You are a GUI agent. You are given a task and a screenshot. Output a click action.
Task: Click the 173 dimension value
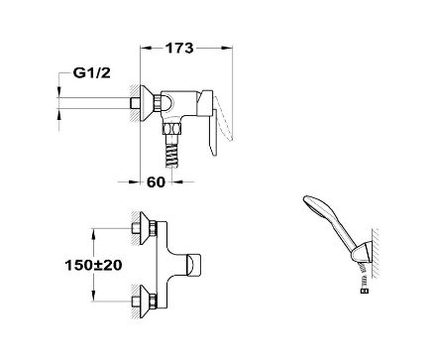179,49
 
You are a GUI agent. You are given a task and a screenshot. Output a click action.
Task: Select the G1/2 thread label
91,73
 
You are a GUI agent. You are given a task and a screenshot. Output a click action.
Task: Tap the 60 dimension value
156,181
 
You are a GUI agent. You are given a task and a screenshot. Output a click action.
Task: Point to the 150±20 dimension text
93,265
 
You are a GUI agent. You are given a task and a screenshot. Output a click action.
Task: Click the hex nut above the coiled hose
172,128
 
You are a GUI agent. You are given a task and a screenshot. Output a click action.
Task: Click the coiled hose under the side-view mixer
172,151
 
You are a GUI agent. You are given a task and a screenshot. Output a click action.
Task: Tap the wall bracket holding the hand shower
363,253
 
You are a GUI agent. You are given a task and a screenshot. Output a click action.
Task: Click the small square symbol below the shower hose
365,292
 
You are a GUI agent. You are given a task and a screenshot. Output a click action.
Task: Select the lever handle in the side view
209,119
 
